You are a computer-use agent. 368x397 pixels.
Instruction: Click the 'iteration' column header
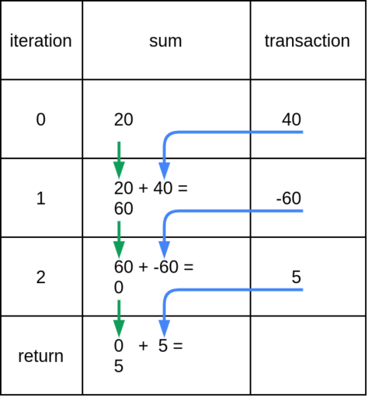pyautogui.click(x=41, y=41)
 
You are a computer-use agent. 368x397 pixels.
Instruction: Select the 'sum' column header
pyautogui.click(x=165, y=41)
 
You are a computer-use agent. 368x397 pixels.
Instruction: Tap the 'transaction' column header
pyautogui.click(x=307, y=41)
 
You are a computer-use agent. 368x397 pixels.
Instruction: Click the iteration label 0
pyautogui.click(x=41, y=119)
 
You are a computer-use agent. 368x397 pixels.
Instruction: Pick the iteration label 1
pyautogui.click(x=41, y=198)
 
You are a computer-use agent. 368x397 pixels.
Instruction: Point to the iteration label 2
pyautogui.click(x=41, y=278)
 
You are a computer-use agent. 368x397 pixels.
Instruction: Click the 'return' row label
pyautogui.click(x=41, y=356)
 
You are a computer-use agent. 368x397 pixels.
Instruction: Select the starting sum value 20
pyautogui.click(x=123, y=119)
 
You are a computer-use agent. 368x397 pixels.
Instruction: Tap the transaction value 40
pyautogui.click(x=291, y=119)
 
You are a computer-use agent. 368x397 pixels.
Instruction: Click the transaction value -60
pyautogui.click(x=289, y=198)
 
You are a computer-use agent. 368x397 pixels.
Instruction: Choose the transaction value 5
pyautogui.click(x=297, y=277)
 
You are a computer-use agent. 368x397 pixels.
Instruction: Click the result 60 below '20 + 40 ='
pyautogui.click(x=123, y=209)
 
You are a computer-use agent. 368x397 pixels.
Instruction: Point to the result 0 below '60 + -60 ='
pyautogui.click(x=119, y=288)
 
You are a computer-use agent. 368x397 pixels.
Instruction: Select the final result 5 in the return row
pyautogui.click(x=119, y=366)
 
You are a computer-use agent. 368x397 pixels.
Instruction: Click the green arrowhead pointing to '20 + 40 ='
pyautogui.click(x=119, y=170)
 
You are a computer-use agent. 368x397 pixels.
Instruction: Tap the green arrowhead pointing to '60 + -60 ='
pyautogui.click(x=119, y=250)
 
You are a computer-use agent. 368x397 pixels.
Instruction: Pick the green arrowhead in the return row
pyautogui.click(x=119, y=328)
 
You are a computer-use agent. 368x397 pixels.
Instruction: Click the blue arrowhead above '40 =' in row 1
pyautogui.click(x=164, y=171)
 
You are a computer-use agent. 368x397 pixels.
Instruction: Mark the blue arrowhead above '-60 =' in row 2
pyautogui.click(x=164, y=250)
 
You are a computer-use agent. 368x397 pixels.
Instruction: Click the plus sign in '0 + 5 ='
pyautogui.click(x=144, y=346)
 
